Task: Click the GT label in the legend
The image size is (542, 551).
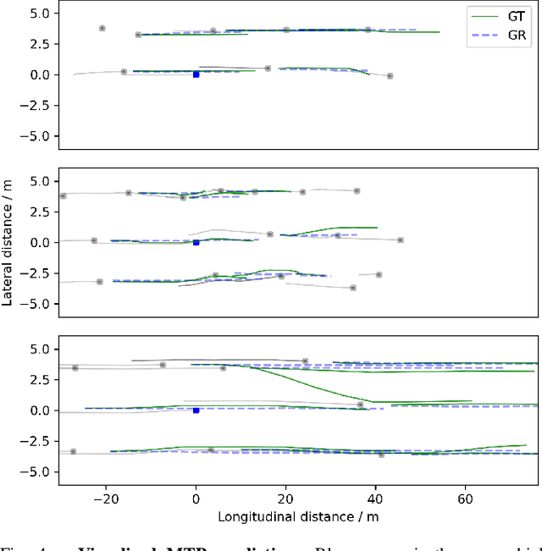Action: [515, 14]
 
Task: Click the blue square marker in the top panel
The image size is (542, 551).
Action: [196, 74]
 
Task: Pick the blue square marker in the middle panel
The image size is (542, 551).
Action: [196, 242]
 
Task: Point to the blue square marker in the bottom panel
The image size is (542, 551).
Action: [196, 410]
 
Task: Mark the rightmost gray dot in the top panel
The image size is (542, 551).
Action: [390, 76]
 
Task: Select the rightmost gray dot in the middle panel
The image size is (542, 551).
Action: [400, 240]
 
